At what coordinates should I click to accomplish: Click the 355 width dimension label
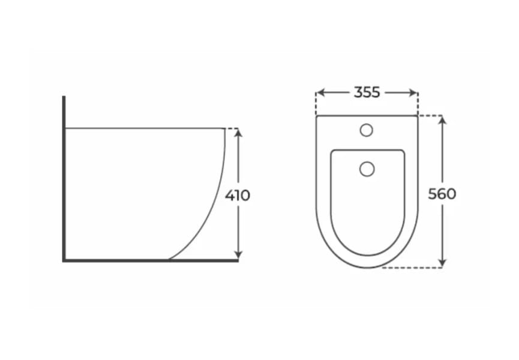[367, 92]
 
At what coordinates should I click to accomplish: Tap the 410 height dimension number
[238, 195]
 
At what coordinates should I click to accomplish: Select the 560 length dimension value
[442, 194]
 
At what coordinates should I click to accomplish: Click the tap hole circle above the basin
[367, 130]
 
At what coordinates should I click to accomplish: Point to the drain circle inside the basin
[367, 169]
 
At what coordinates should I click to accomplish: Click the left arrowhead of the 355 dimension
[320, 92]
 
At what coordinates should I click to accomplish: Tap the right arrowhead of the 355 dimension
[414, 92]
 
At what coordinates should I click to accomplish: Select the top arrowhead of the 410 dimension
[238, 133]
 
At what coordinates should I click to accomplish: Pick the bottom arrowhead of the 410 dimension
[238, 255]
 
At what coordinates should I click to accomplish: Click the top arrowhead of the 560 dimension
[443, 119]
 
